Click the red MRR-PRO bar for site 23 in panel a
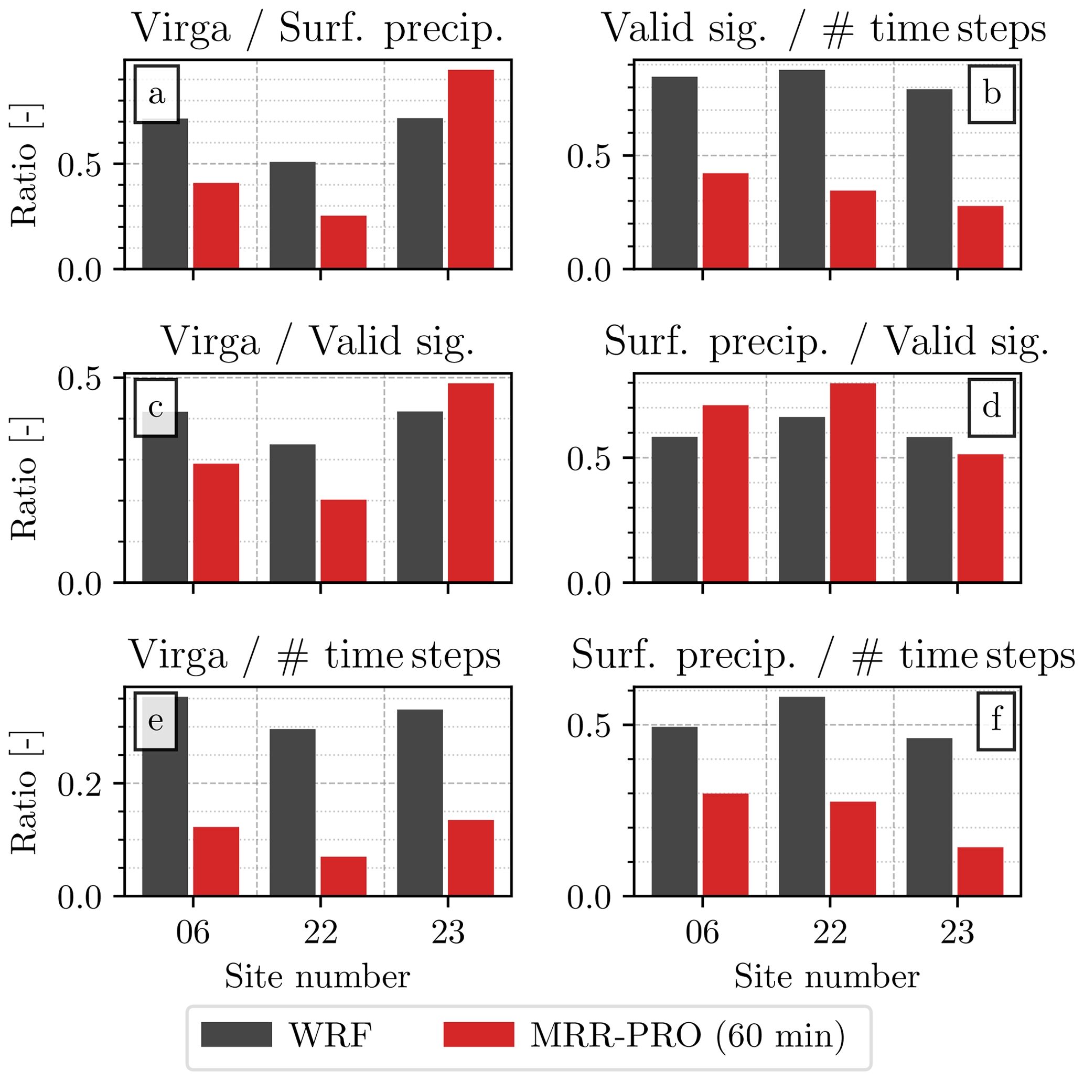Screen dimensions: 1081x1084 471,169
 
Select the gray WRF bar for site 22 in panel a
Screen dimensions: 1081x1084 292,215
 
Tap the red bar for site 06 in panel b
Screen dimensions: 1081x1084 725,221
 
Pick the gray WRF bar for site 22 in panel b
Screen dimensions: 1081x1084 802,169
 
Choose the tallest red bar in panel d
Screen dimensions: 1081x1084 853,483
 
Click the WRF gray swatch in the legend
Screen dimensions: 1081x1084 236,1034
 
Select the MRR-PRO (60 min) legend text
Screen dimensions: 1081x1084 688,1035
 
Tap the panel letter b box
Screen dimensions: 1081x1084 991,94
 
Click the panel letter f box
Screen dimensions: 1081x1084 996,721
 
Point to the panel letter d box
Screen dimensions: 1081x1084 991,408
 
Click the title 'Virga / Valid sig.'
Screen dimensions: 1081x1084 318,341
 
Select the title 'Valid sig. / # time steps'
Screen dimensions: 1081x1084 824,28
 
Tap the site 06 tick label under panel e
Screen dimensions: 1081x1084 192,933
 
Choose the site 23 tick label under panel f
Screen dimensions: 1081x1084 957,933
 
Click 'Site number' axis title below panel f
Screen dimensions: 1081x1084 827,977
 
